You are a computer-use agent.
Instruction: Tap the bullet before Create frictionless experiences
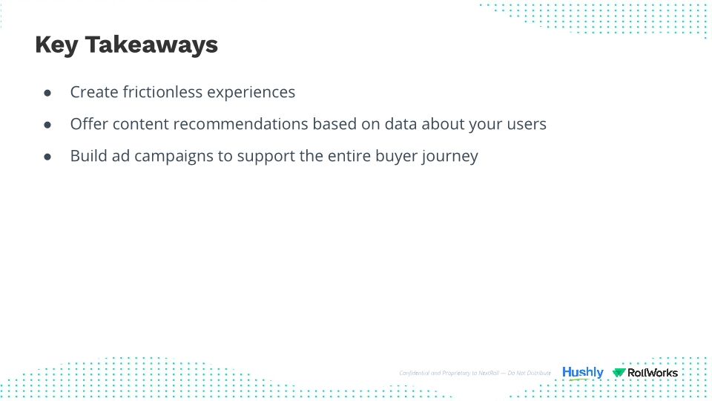click(47, 93)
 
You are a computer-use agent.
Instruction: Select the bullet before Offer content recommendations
click(47, 125)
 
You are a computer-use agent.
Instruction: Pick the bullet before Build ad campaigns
click(47, 157)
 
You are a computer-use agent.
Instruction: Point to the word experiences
click(251, 92)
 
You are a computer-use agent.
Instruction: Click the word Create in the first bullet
click(90, 92)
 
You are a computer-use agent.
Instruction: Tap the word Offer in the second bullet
click(88, 124)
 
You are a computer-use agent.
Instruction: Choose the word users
click(525, 124)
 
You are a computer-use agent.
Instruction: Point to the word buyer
click(396, 156)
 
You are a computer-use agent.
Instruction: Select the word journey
click(451, 157)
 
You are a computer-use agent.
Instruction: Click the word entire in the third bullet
click(346, 156)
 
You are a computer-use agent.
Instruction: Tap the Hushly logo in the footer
click(582, 373)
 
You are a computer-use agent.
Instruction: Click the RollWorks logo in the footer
click(645, 373)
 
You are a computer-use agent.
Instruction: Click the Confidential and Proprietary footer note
click(475, 373)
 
